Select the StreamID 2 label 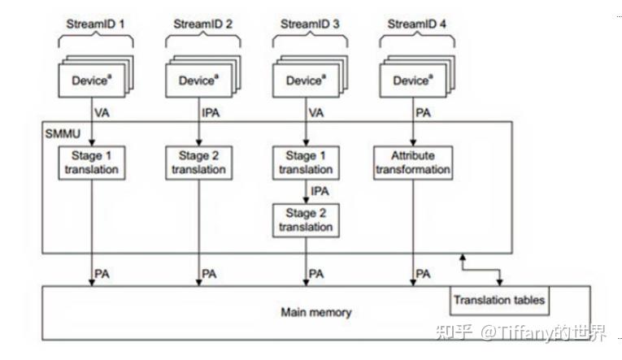point(202,24)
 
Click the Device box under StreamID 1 point(89,80)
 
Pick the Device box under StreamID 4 point(411,80)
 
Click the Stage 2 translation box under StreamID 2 point(198,163)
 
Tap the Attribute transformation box point(412,163)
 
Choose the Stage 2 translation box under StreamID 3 point(306,220)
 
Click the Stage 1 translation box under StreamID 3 point(306,163)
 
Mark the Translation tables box point(499,300)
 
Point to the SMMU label point(59,131)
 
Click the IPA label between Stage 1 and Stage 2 point(320,192)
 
